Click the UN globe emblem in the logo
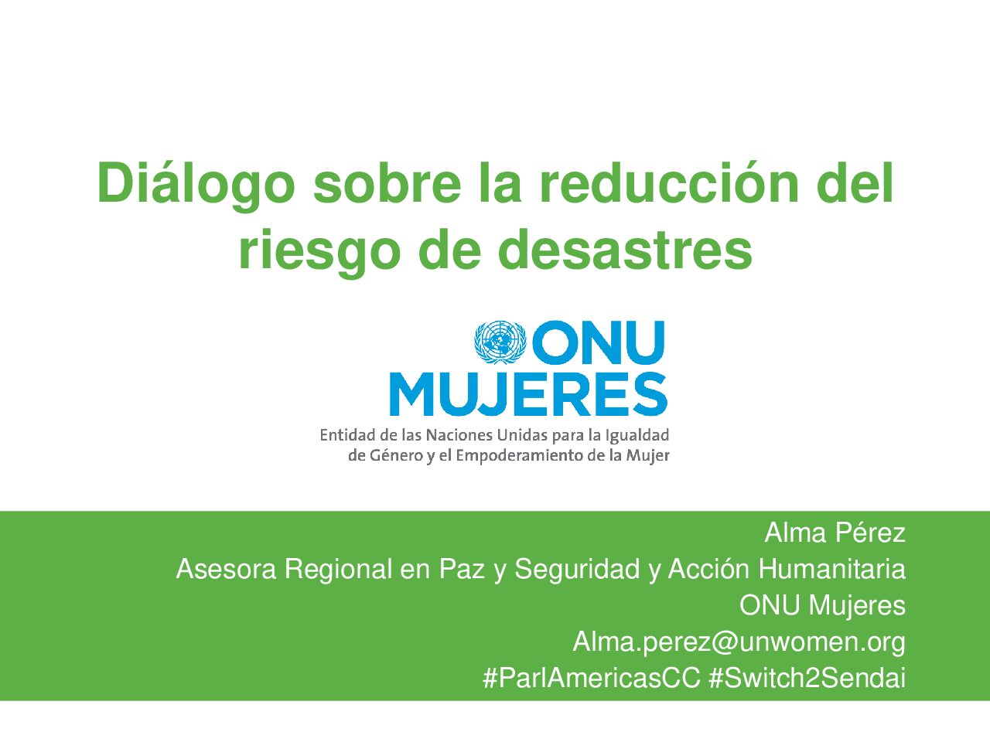(x=500, y=342)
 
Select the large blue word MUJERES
(x=528, y=393)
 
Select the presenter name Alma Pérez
(x=835, y=533)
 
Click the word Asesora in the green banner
(x=226, y=569)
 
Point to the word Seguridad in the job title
(x=577, y=570)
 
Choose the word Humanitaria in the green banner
(x=832, y=569)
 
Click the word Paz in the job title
(x=462, y=569)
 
